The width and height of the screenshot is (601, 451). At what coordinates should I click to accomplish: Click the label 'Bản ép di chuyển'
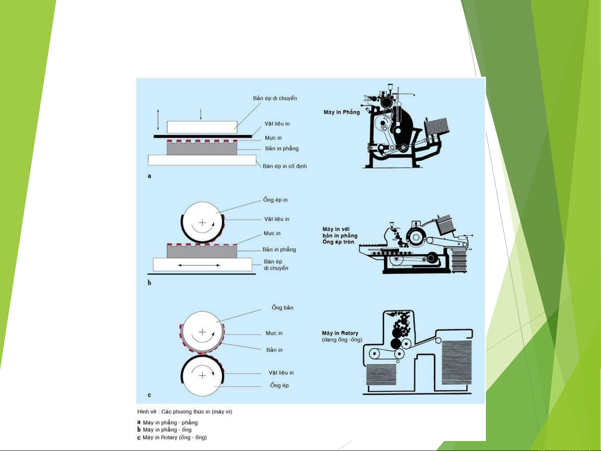tap(275, 98)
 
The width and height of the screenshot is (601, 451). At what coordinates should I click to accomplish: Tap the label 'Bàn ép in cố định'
tap(284, 166)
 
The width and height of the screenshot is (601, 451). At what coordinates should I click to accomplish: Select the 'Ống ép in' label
tap(275, 200)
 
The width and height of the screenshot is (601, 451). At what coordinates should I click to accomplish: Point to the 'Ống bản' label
tap(282, 307)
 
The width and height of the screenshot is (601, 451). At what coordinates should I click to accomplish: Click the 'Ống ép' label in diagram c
tap(279, 385)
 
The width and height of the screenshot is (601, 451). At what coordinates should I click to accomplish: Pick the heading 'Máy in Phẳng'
tap(342, 112)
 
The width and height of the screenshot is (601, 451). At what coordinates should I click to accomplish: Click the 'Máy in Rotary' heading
tap(340, 333)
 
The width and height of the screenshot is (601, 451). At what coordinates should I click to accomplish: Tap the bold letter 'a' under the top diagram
tap(149, 176)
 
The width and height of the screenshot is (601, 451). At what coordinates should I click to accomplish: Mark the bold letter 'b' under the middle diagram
tap(149, 283)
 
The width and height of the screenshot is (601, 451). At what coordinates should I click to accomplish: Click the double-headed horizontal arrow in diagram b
tap(202, 265)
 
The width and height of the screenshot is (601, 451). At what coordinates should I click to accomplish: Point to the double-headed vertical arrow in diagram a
tap(158, 119)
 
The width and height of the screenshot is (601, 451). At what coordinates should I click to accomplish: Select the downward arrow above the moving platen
tap(201, 114)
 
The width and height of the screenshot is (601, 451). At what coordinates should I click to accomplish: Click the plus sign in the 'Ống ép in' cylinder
tap(202, 222)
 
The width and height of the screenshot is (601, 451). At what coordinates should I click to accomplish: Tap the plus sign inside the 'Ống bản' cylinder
tap(202, 332)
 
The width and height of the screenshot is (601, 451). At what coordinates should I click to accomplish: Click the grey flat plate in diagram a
tap(202, 149)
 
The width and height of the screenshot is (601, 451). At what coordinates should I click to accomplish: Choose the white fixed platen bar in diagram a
tap(202, 160)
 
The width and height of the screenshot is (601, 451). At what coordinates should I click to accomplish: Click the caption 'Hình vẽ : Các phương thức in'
tap(184, 412)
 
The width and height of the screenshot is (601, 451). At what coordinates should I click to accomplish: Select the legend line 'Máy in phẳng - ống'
tap(167, 430)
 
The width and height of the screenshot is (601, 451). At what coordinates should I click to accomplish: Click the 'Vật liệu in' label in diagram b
tap(277, 219)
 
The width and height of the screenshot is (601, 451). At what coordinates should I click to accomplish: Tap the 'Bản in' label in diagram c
tap(274, 350)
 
